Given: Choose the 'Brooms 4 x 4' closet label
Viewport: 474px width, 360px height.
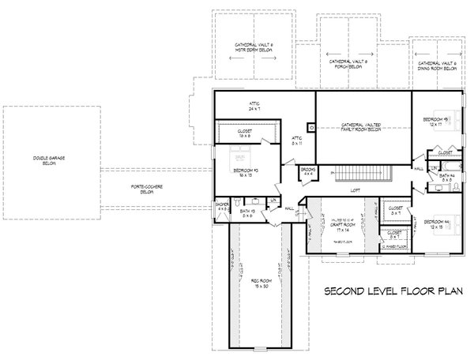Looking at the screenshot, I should tap(307, 171).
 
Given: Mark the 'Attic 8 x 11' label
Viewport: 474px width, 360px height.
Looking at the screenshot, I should tap(296, 141).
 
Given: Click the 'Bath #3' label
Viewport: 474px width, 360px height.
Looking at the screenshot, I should tap(247, 213).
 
